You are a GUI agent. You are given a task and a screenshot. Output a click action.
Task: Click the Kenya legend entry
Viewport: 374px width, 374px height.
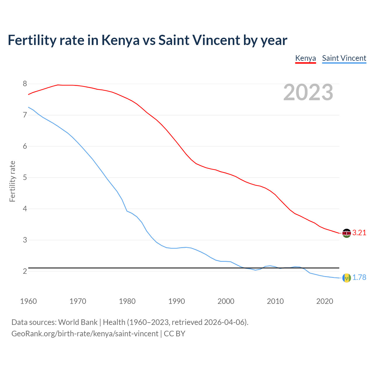coord(305,58)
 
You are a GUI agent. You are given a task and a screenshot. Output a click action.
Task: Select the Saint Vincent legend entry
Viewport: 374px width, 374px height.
coord(344,58)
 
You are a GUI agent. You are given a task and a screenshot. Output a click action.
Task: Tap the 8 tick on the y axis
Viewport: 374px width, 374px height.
coord(25,84)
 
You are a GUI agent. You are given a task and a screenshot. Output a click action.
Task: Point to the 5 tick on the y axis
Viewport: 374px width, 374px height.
coord(25,178)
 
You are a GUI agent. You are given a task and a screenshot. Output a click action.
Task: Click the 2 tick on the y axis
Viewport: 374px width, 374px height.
coord(25,271)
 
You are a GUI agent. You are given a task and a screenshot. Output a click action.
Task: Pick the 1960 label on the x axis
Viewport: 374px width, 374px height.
coord(28,301)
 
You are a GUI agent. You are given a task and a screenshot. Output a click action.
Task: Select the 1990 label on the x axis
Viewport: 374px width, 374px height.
coord(176,301)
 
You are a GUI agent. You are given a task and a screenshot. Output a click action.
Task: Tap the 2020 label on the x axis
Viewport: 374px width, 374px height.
coord(325,301)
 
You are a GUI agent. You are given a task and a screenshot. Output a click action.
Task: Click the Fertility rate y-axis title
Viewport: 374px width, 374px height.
coord(12,181)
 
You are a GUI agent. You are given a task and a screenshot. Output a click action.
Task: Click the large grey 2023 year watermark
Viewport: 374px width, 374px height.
coord(308,92)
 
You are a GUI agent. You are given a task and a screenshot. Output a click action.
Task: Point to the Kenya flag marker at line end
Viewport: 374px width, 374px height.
coord(347,233)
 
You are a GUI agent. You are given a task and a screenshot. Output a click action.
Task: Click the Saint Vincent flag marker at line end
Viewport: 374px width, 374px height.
coord(347,278)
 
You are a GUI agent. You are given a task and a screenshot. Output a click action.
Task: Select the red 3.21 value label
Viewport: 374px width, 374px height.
coord(359,233)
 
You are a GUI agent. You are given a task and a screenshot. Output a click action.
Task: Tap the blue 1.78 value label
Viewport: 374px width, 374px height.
coord(359,278)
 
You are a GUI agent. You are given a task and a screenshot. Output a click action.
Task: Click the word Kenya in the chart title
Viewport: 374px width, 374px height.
coord(120,40)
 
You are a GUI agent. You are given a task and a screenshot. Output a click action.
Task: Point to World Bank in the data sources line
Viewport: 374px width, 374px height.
coord(78,322)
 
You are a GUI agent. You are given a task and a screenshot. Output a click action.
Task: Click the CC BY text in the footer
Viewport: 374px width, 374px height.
coord(174,334)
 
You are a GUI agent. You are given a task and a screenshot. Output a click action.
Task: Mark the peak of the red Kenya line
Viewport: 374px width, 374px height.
coord(58,85)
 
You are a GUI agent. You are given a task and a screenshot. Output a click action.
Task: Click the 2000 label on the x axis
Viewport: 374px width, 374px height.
coord(226,301)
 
